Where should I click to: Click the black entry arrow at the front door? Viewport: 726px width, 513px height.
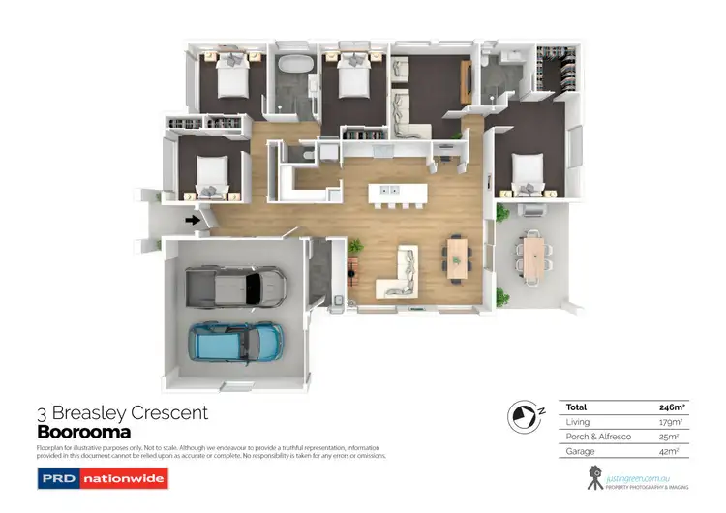pyautogui.click(x=193, y=220)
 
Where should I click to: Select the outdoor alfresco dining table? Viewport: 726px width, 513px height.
pyautogui.click(x=535, y=254)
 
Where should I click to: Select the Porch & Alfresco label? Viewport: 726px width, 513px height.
pyautogui.click(x=600, y=436)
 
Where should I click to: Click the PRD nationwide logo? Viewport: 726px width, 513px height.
pyautogui.click(x=102, y=478)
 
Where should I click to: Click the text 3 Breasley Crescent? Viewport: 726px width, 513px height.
pyautogui.click(x=122, y=413)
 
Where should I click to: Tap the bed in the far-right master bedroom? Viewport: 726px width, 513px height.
pyautogui.click(x=528, y=173)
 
